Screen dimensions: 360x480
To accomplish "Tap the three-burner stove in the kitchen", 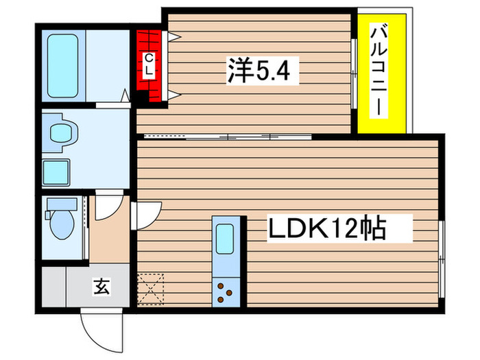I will (224, 291).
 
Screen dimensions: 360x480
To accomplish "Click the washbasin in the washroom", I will (59, 132).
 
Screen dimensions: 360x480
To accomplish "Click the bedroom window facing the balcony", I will (354, 73).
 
